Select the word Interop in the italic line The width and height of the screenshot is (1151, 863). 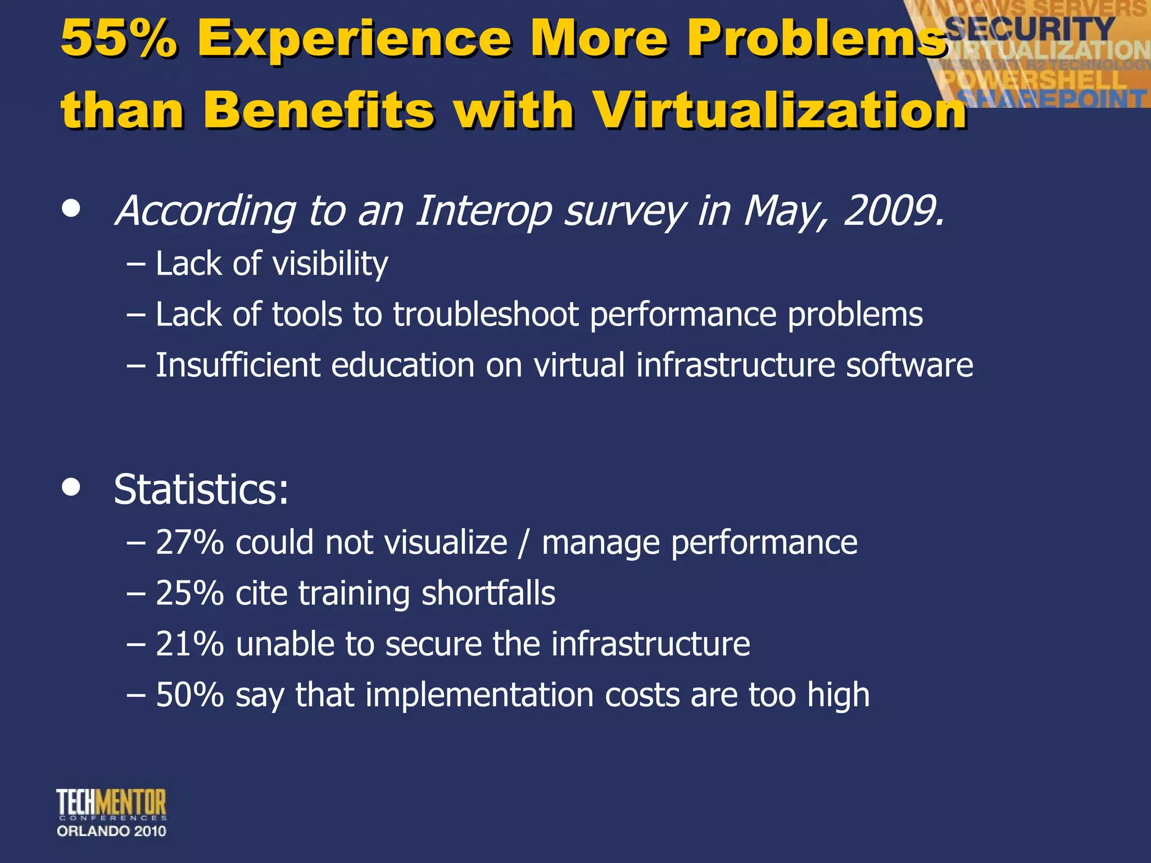[484, 211]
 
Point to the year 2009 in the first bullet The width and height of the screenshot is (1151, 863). [894, 211]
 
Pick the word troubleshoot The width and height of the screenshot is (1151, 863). [486, 314]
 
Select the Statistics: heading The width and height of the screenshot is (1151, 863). [201, 489]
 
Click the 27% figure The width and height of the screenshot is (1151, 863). [190, 543]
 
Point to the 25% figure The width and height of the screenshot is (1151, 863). [190, 593]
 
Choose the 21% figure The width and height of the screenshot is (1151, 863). [190, 644]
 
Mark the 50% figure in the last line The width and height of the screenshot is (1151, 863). [190, 695]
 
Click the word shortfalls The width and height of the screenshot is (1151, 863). [488, 593]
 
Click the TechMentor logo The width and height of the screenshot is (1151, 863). [111, 803]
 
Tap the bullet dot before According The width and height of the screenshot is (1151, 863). [71, 208]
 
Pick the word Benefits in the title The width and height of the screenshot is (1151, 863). [319, 110]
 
